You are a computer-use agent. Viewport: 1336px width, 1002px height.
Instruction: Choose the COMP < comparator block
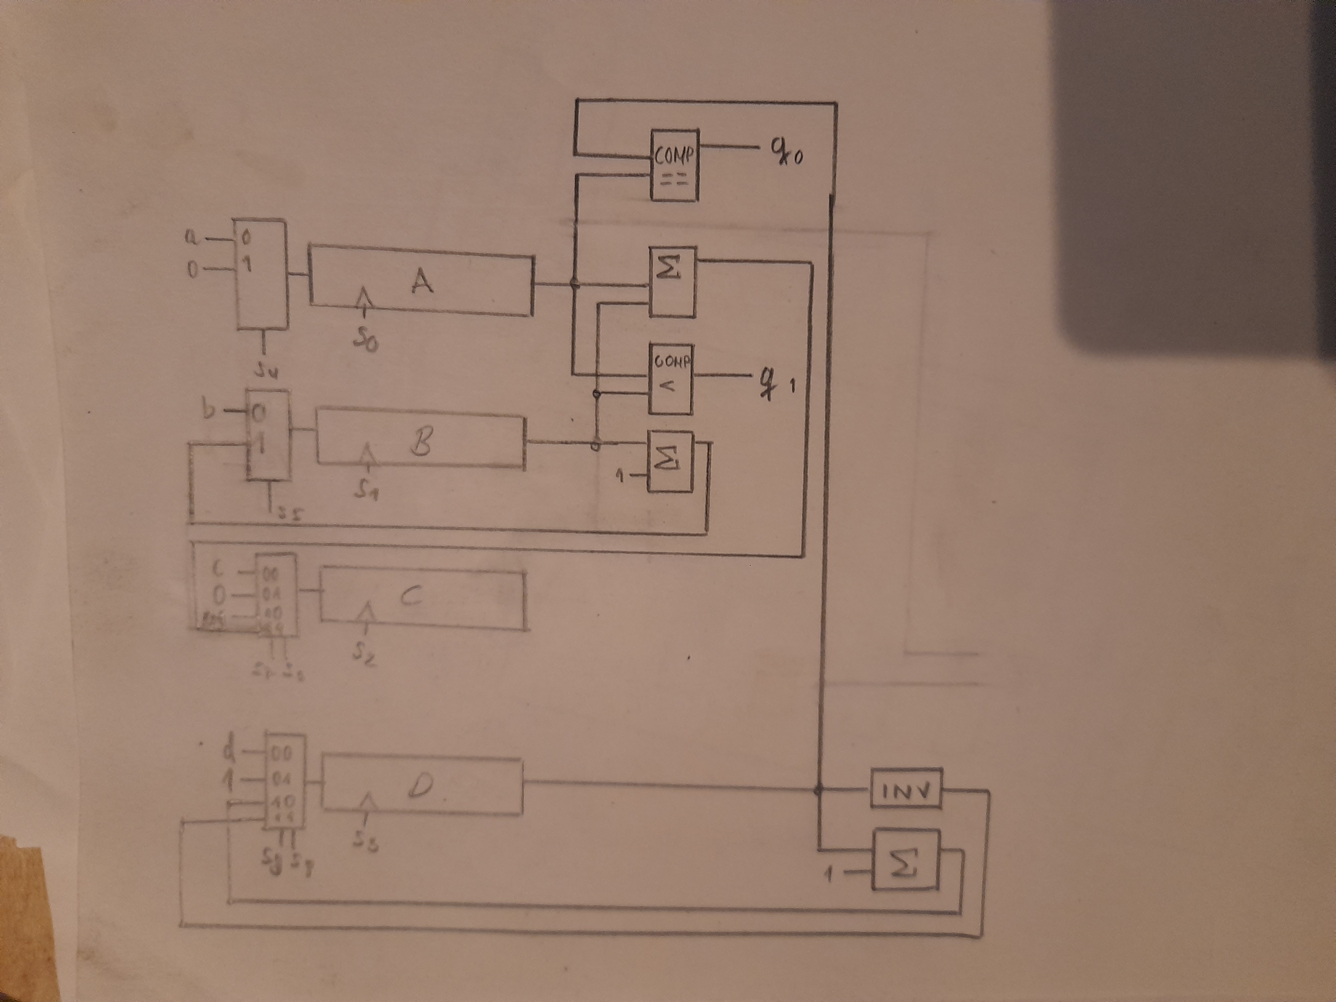pyautogui.click(x=670, y=379)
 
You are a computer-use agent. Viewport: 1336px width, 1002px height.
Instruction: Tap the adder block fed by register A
pyautogui.click(x=672, y=282)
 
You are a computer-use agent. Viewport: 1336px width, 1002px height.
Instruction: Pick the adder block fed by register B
pyautogui.click(x=670, y=462)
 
